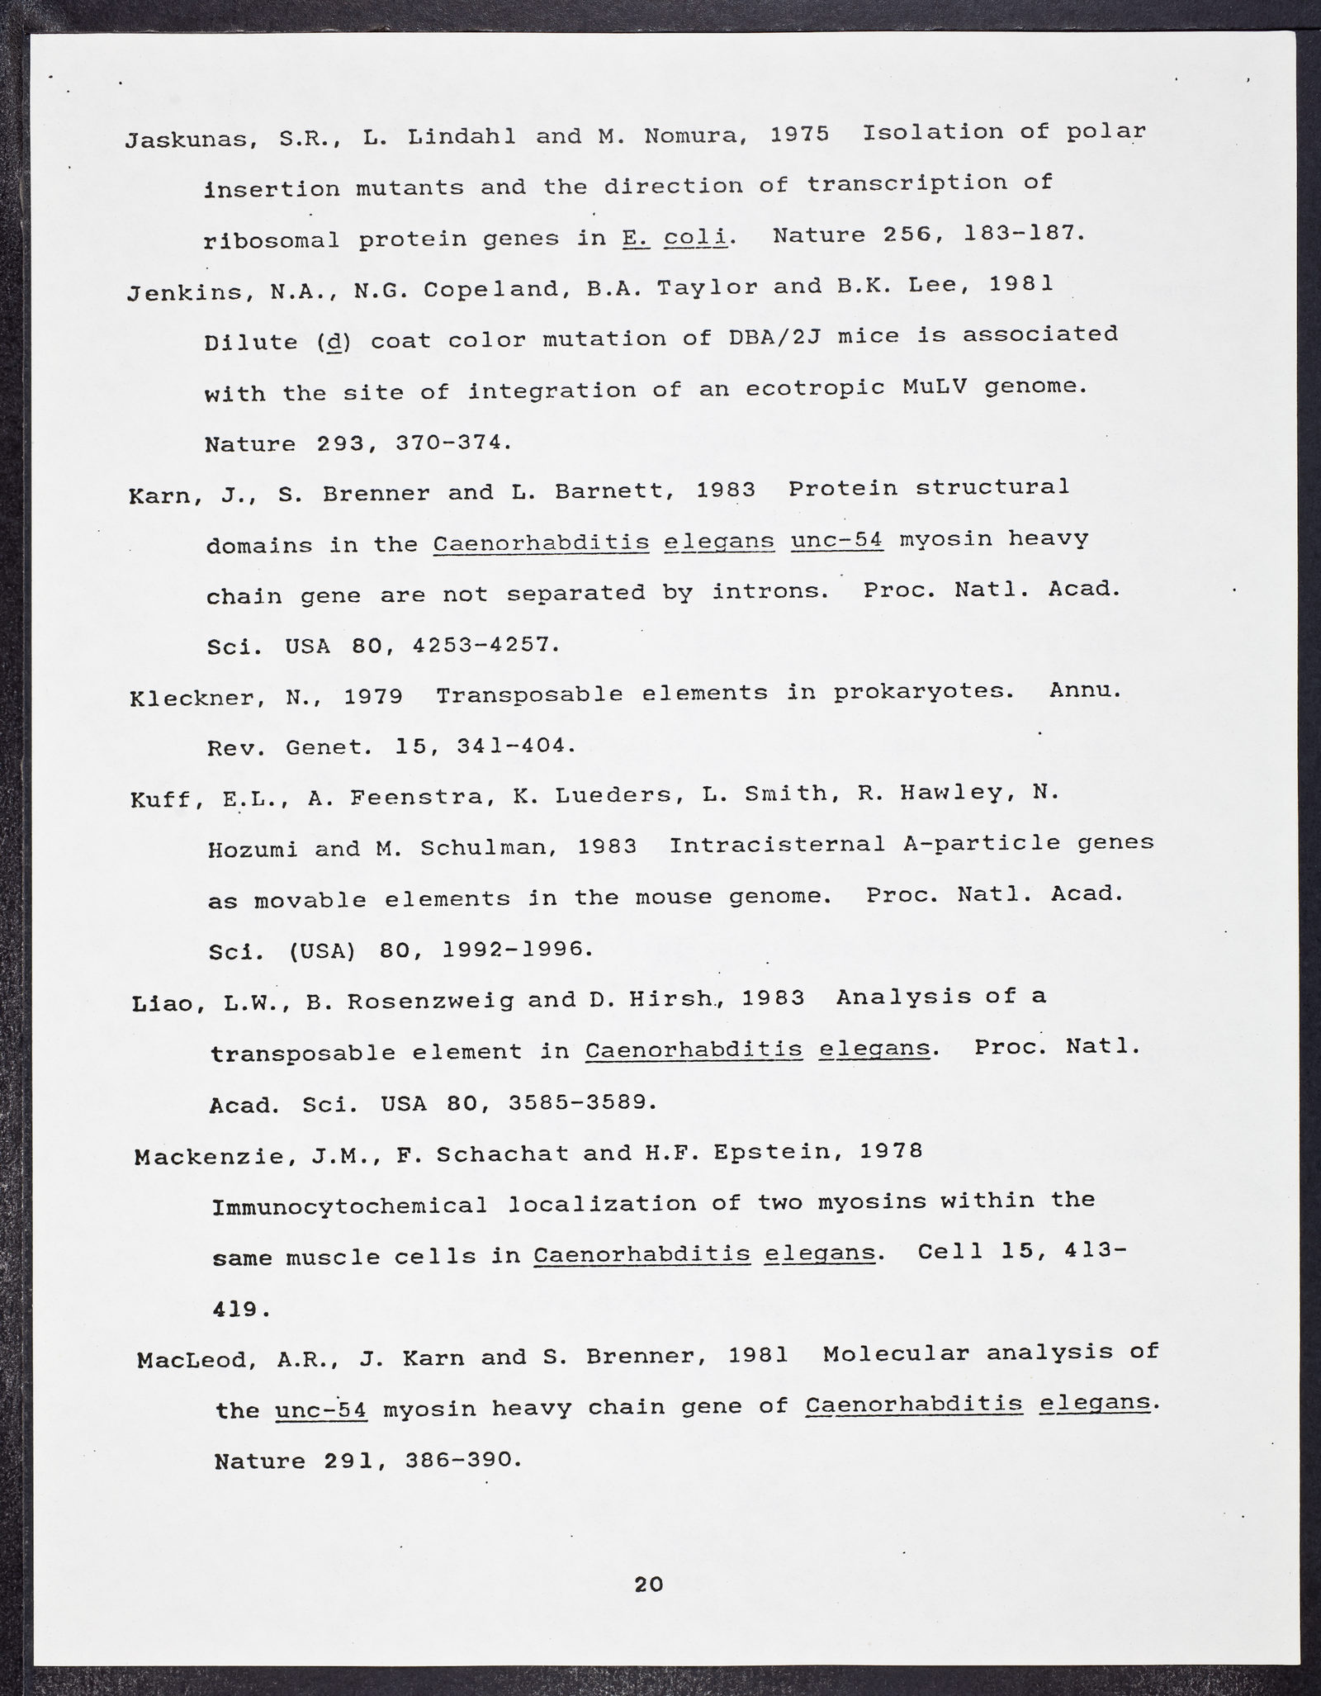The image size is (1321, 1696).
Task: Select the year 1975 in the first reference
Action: [798, 134]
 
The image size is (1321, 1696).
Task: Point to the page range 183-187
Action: [1021, 234]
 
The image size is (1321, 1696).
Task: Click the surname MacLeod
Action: [192, 1360]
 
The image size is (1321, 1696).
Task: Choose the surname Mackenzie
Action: [210, 1155]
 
